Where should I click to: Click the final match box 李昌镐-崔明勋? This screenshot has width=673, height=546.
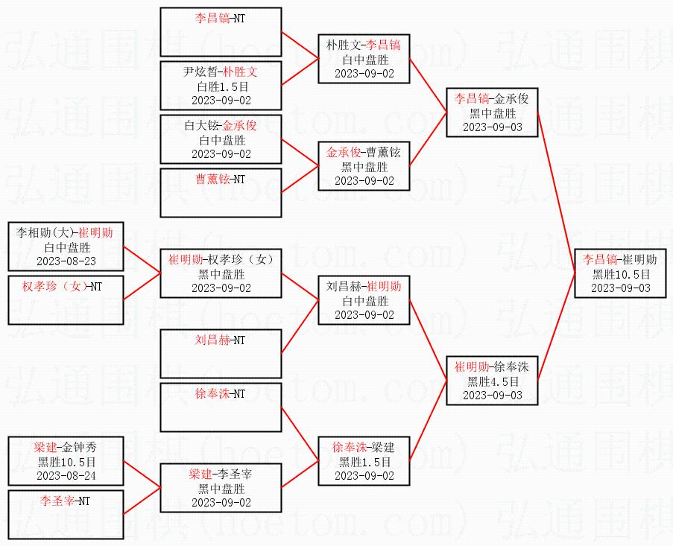pos(621,273)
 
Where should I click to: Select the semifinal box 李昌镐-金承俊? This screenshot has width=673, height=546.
pos(493,112)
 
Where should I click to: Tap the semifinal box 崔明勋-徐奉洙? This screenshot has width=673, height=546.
pos(493,381)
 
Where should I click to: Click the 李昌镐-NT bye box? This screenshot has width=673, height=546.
pos(221,32)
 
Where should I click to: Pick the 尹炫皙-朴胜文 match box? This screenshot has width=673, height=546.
pos(221,86)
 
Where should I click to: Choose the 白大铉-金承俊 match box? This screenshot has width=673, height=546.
pos(221,139)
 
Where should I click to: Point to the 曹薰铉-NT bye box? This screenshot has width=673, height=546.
pos(221,193)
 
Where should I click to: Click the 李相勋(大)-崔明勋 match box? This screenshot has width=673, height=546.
pos(66,247)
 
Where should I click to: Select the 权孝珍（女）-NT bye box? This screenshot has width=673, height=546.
pos(66,299)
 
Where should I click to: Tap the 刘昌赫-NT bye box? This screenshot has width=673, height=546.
pos(221,353)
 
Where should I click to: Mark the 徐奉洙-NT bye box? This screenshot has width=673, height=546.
pos(221,407)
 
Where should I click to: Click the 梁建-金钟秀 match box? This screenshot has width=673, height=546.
pos(66,460)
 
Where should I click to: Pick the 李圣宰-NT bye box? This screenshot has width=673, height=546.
pos(66,514)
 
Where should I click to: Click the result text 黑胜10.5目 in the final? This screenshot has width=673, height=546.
pos(621,273)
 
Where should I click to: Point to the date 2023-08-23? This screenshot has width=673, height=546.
pos(66,261)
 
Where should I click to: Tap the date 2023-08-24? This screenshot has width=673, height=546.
pos(66,476)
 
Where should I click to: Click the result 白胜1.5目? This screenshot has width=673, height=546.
pos(223,86)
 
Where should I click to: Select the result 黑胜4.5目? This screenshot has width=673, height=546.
pos(493,381)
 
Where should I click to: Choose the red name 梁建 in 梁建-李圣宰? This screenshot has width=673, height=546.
pos(200,474)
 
